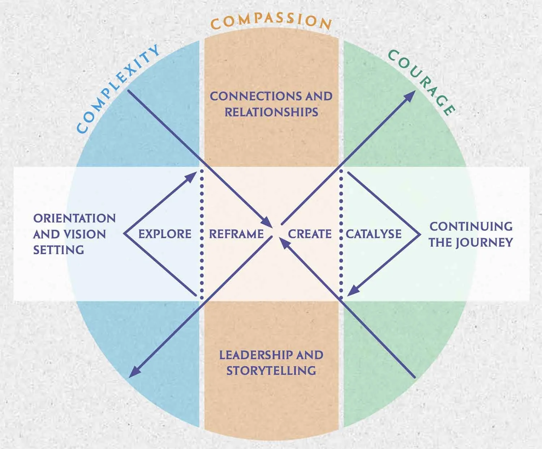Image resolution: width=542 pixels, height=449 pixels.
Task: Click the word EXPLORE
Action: (165, 234)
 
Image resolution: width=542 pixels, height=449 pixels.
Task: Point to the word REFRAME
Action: (236, 234)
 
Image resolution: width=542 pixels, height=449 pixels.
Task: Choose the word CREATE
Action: (310, 234)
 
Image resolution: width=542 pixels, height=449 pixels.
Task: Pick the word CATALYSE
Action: (374, 234)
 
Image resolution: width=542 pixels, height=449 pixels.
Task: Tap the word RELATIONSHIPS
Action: (271, 112)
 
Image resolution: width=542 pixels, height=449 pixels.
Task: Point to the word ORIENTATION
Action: (74, 219)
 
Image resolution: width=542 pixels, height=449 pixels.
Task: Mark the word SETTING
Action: (59, 250)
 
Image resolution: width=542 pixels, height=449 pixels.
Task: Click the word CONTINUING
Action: (471, 226)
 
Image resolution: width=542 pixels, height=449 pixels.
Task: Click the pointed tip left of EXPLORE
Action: (124, 234)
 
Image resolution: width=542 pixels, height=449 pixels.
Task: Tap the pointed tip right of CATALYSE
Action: (420, 234)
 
